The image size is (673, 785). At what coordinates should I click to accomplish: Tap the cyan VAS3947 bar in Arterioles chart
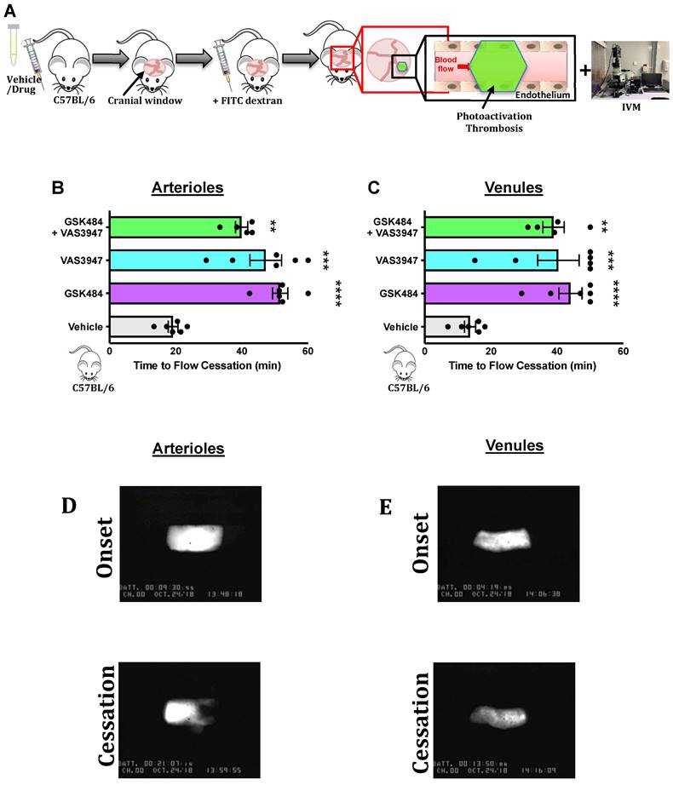187,260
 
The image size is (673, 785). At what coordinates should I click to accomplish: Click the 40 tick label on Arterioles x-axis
241,350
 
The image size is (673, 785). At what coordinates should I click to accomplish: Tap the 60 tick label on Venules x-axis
623,350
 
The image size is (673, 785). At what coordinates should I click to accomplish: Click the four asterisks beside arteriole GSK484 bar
339,293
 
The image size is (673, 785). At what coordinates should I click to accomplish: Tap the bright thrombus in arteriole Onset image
193,539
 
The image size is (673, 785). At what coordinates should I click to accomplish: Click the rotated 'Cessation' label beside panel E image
424,710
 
